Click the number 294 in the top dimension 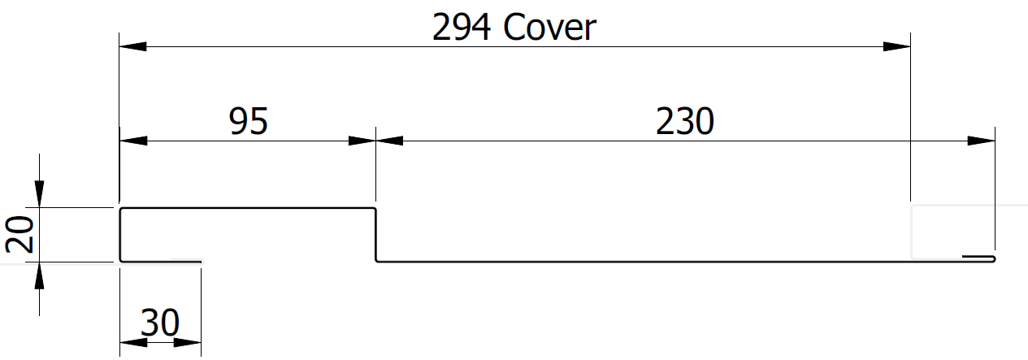(x=462, y=28)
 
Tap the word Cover (x=550, y=28)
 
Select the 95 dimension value (x=248, y=121)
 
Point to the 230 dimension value (x=684, y=121)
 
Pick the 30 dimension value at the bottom (x=159, y=323)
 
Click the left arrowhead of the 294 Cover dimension (x=132, y=46)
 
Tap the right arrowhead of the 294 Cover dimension (x=897, y=46)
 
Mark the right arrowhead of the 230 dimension (x=981, y=141)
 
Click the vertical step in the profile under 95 (x=375, y=235)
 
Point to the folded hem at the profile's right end (x=979, y=258)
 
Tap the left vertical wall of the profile (x=120, y=235)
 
